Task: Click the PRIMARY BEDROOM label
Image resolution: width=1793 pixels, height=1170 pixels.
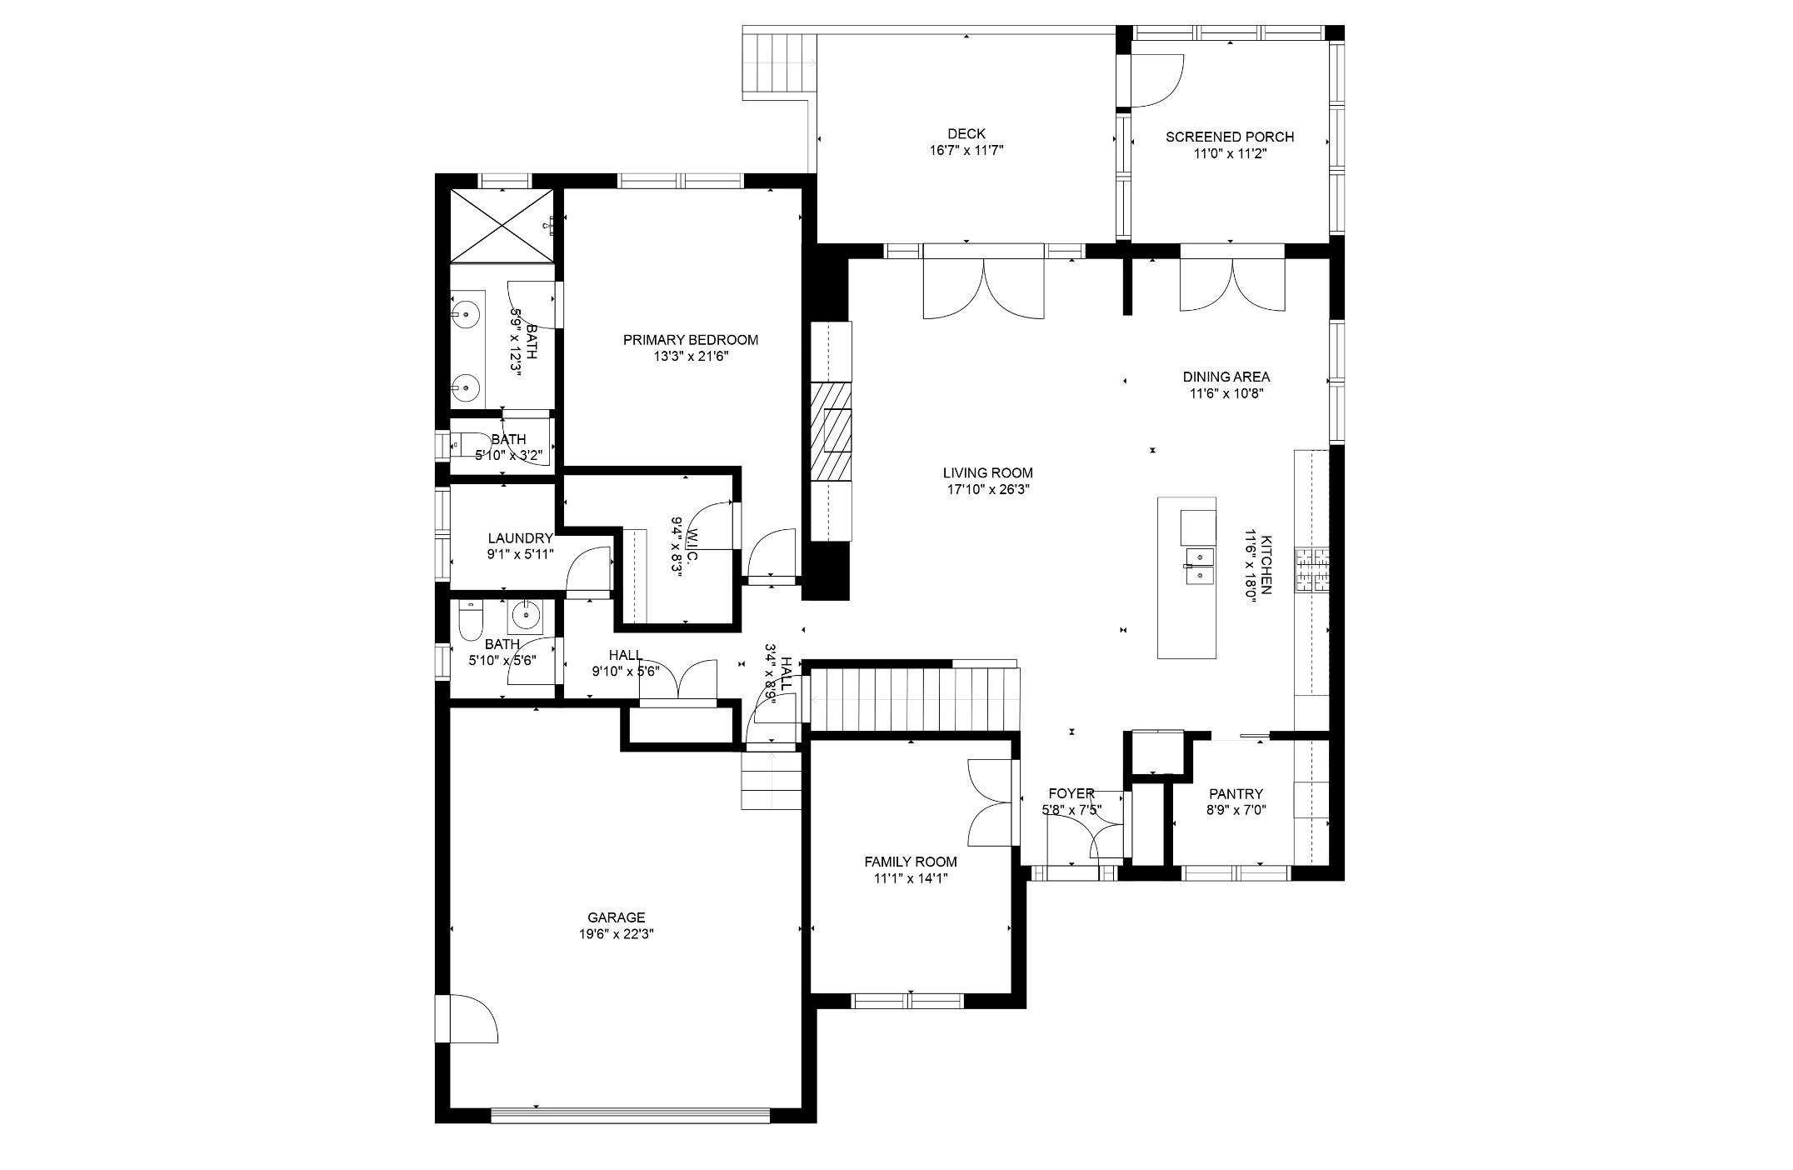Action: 691,340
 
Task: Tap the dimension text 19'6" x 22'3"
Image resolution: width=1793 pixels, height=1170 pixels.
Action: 616,934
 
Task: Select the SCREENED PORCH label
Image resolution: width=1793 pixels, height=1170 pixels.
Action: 1230,137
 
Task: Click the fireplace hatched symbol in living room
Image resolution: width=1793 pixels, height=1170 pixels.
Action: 832,431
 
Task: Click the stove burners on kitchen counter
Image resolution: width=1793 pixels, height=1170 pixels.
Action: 1312,571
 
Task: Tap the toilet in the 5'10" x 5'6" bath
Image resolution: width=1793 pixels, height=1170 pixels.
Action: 470,622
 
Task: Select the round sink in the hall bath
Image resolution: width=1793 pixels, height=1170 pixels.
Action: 527,615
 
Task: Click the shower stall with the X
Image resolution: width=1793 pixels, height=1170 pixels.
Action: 502,225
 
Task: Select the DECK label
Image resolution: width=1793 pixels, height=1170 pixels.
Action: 966,133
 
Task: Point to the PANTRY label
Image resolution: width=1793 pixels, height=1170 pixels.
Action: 1236,794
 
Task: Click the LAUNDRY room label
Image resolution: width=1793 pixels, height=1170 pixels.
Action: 520,538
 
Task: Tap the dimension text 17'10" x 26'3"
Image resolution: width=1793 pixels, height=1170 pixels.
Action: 987,490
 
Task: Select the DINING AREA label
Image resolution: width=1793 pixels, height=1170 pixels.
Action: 1226,377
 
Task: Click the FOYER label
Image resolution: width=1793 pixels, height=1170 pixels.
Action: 1071,793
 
